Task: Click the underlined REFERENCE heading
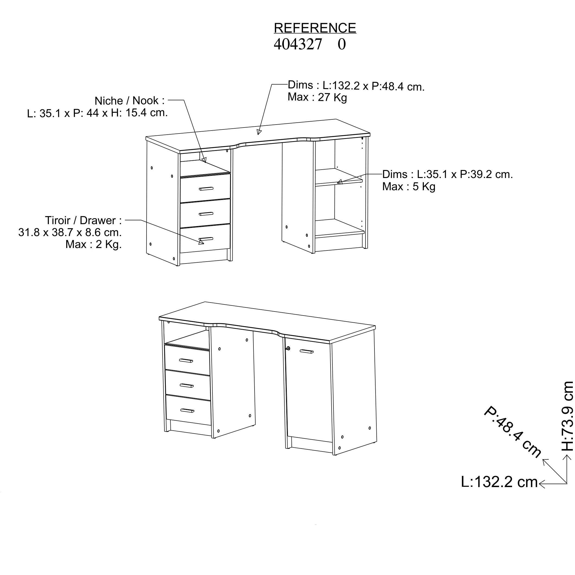point(315,28)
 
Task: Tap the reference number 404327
point(298,44)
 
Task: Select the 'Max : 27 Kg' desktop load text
point(317,98)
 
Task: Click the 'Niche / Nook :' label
point(129,101)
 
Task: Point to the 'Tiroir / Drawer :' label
point(83,221)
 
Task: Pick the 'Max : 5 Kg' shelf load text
point(409,187)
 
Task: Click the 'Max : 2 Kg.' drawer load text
point(94,244)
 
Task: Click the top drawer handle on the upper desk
point(206,188)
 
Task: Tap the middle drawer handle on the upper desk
point(206,214)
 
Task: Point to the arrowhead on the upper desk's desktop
point(259,132)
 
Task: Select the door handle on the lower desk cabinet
point(307,352)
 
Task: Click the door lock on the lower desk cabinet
point(288,348)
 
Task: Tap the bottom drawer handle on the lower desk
point(187,411)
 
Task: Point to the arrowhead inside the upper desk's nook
point(204,160)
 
